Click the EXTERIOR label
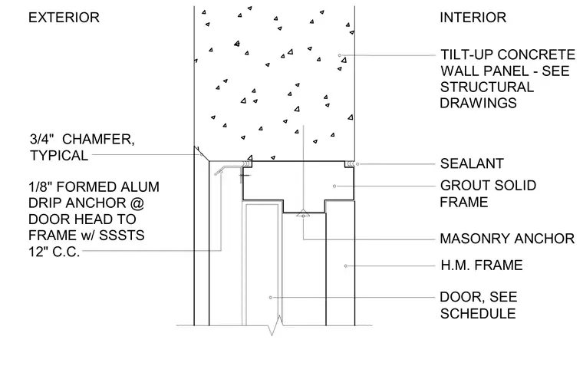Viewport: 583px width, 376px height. (64, 18)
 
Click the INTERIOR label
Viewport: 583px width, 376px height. (473, 18)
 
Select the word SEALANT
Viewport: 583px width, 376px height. (472, 163)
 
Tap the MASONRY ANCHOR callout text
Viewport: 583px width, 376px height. (507, 239)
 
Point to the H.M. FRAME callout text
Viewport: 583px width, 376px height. (482, 266)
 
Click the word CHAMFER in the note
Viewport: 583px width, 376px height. (98, 140)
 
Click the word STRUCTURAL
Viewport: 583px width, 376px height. (487, 87)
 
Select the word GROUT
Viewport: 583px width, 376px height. (463, 185)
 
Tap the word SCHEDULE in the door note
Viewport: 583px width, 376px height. (478, 314)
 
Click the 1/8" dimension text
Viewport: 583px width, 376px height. (41, 186)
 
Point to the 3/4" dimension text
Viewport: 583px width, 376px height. (42, 140)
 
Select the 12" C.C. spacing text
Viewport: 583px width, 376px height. (54, 252)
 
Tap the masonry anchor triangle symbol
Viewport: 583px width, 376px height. (304, 213)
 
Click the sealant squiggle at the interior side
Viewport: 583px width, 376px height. (349, 163)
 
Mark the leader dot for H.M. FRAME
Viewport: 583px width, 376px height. (346, 266)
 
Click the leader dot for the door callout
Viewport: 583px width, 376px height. (271, 298)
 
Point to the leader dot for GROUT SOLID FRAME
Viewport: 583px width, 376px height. (334, 186)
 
